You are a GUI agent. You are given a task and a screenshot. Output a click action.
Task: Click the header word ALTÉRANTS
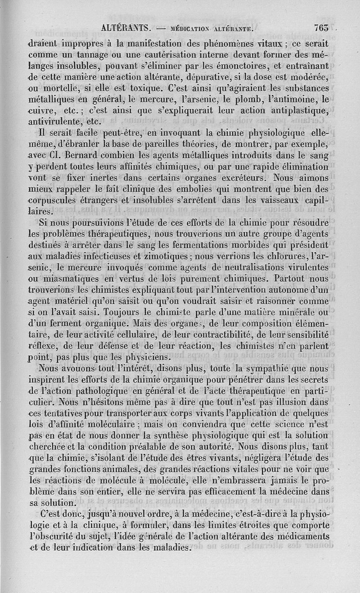(126, 28)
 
